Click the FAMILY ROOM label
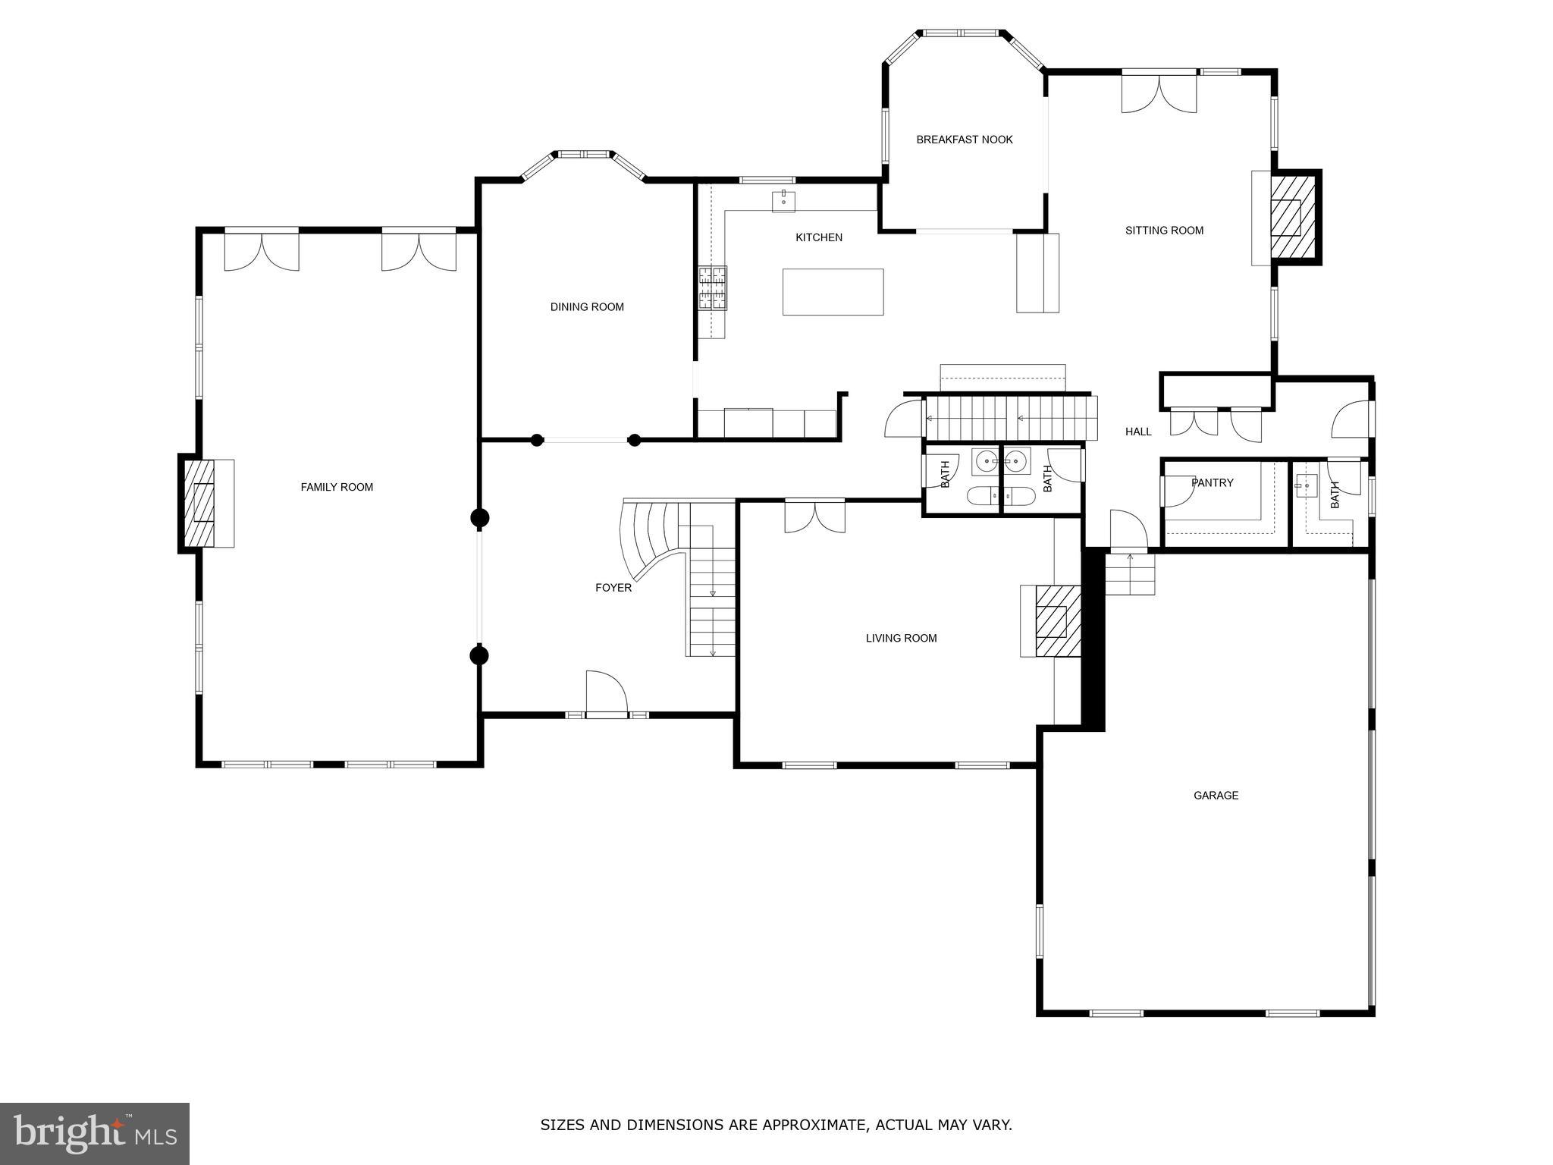(337, 487)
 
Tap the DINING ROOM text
(587, 307)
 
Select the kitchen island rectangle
(833, 292)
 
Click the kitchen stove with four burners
(712, 288)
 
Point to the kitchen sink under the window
(783, 201)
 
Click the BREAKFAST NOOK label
(964, 140)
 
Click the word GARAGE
(1216, 796)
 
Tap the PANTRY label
(1212, 482)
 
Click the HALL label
(1138, 432)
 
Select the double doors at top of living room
(814, 517)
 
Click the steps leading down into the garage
(1130, 574)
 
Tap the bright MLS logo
(95, 1133)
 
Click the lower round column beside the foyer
(479, 655)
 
